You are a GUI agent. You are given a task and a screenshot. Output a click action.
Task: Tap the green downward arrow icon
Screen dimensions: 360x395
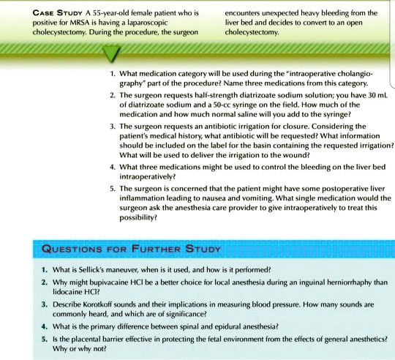click(x=110, y=53)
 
